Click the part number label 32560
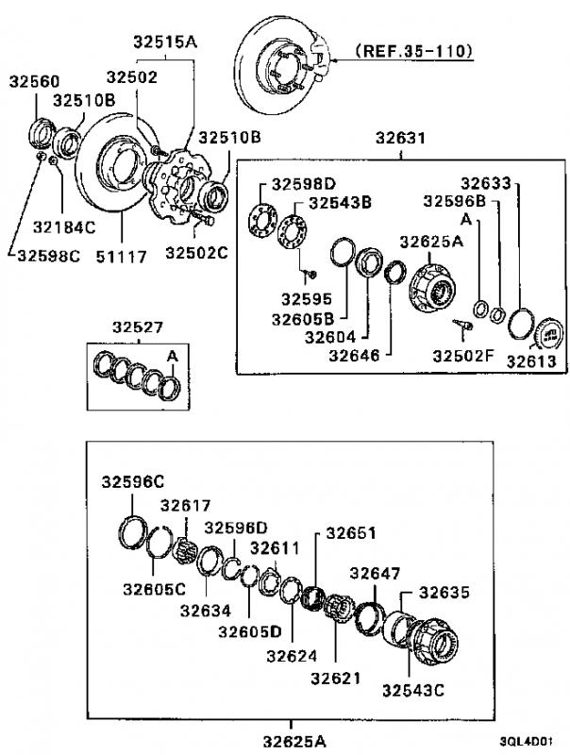click(34, 81)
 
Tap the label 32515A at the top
click(165, 42)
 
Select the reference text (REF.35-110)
click(414, 51)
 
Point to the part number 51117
click(121, 257)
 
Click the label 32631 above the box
click(400, 138)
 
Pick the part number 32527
click(138, 327)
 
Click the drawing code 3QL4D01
click(526, 741)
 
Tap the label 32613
click(531, 361)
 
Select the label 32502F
click(463, 356)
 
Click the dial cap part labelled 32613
click(549, 333)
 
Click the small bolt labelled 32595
click(311, 275)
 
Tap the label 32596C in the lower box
click(133, 482)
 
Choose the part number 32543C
click(413, 691)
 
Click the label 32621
click(336, 678)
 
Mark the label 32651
click(351, 533)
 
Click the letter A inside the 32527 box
click(173, 357)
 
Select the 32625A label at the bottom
click(294, 741)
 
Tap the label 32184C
click(64, 227)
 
